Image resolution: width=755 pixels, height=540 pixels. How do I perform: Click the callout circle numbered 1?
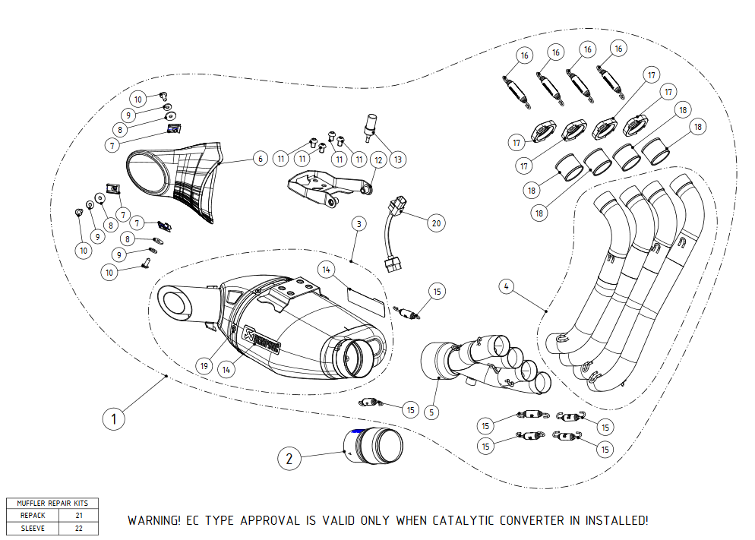coord(113,418)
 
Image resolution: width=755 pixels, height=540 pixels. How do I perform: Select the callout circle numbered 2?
coord(289,458)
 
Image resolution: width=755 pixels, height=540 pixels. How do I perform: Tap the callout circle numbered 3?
coord(359,223)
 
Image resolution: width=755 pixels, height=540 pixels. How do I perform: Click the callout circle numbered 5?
coord(431,412)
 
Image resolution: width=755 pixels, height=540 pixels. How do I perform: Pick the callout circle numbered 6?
coord(260,159)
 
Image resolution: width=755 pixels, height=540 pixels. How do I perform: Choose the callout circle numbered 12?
coord(377,159)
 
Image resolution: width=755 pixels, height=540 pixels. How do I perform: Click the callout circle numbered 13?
coord(397,159)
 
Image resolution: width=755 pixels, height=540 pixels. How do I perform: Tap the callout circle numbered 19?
coord(204,365)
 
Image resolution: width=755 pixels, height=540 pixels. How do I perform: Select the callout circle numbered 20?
coord(435,223)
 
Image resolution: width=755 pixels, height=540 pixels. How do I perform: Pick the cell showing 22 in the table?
coord(78,528)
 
